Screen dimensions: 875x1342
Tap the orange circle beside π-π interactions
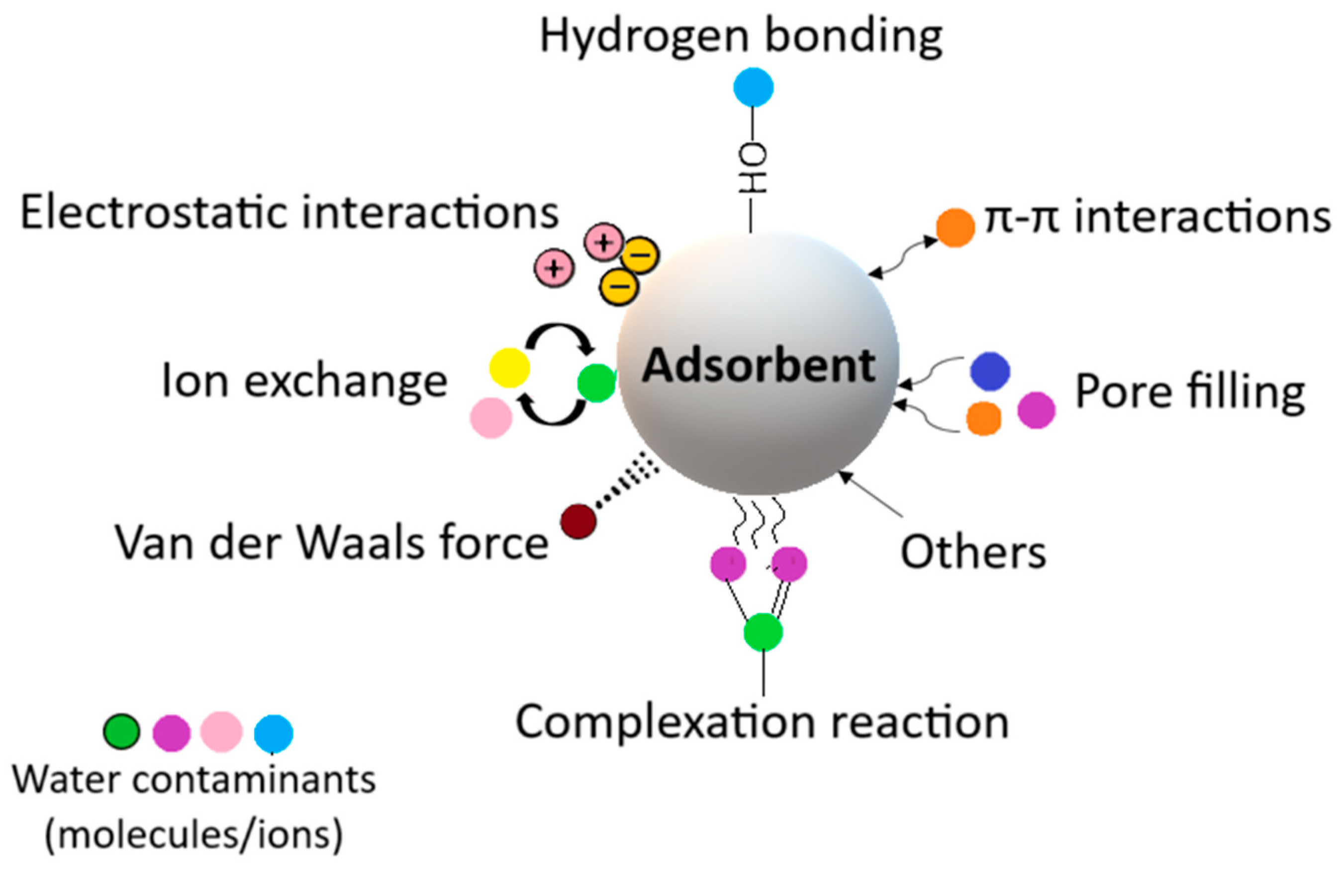point(955,228)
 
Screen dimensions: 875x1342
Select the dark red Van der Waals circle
point(578,521)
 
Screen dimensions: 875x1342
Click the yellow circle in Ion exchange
point(510,368)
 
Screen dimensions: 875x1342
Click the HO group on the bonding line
point(753,167)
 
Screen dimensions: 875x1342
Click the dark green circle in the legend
point(121,731)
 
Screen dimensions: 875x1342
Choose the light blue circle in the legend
point(274,733)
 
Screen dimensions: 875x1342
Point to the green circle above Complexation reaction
point(763,632)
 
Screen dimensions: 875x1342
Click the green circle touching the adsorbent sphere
point(596,383)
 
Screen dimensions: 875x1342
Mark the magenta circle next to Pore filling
point(1036,410)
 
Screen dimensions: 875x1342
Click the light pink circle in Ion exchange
point(491,417)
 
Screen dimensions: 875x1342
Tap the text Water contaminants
point(194,780)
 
